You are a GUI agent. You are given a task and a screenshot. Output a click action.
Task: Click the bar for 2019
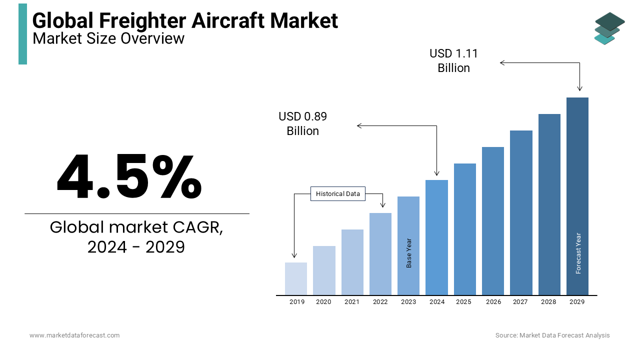tap(296, 278)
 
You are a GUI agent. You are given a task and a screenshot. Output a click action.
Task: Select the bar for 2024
tap(436, 237)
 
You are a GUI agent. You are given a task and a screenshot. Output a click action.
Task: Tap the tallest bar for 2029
tap(577, 196)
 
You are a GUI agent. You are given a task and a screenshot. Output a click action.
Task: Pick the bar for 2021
tap(352, 262)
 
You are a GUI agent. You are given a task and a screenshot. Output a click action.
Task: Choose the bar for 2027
tap(521, 212)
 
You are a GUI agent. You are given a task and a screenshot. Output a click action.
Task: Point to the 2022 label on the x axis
tap(380, 302)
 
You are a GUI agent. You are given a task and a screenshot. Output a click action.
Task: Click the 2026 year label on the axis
tap(493, 302)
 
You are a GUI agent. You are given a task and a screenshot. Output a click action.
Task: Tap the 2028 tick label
tap(548, 302)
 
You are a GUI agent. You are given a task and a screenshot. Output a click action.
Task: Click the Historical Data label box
tap(338, 194)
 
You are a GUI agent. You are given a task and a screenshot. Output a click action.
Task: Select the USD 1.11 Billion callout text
tap(453, 60)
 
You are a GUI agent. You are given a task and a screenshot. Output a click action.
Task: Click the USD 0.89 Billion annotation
tap(302, 123)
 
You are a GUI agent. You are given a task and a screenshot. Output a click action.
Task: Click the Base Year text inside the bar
tap(409, 252)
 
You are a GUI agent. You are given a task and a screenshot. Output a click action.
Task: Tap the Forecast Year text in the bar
tap(578, 253)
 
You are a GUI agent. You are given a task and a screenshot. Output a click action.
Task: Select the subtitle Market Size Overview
tap(108, 38)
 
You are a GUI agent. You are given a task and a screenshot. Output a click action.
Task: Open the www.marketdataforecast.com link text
tap(74, 335)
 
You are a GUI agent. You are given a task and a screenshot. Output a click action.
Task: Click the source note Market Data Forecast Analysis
tap(552, 335)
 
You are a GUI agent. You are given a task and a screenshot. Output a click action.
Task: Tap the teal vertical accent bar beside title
tap(22, 34)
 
